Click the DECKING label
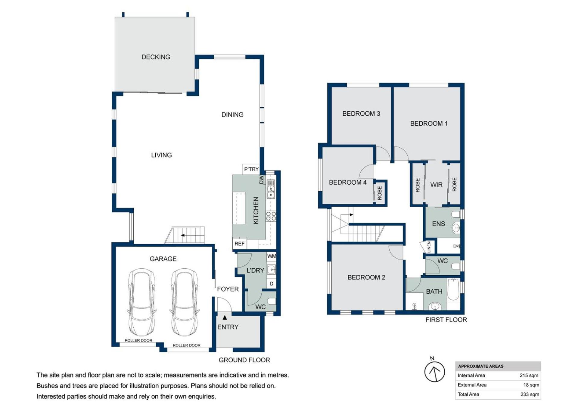click(x=156, y=57)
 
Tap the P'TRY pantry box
click(x=251, y=169)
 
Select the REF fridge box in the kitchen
click(x=239, y=244)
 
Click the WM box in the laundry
click(x=271, y=256)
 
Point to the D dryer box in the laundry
click(x=271, y=283)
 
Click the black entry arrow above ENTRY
click(x=225, y=317)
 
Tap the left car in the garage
click(x=142, y=302)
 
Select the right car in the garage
click(x=185, y=302)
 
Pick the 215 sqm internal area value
click(x=529, y=376)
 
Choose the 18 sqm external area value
click(x=531, y=385)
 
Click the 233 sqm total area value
click(x=530, y=394)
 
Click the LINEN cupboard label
click(x=429, y=247)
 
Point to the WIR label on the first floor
click(x=436, y=185)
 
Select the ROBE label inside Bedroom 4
click(x=380, y=193)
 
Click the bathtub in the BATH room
click(x=453, y=290)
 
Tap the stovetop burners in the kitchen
click(x=271, y=216)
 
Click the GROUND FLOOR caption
click(x=244, y=360)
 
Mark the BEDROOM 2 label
click(x=366, y=277)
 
